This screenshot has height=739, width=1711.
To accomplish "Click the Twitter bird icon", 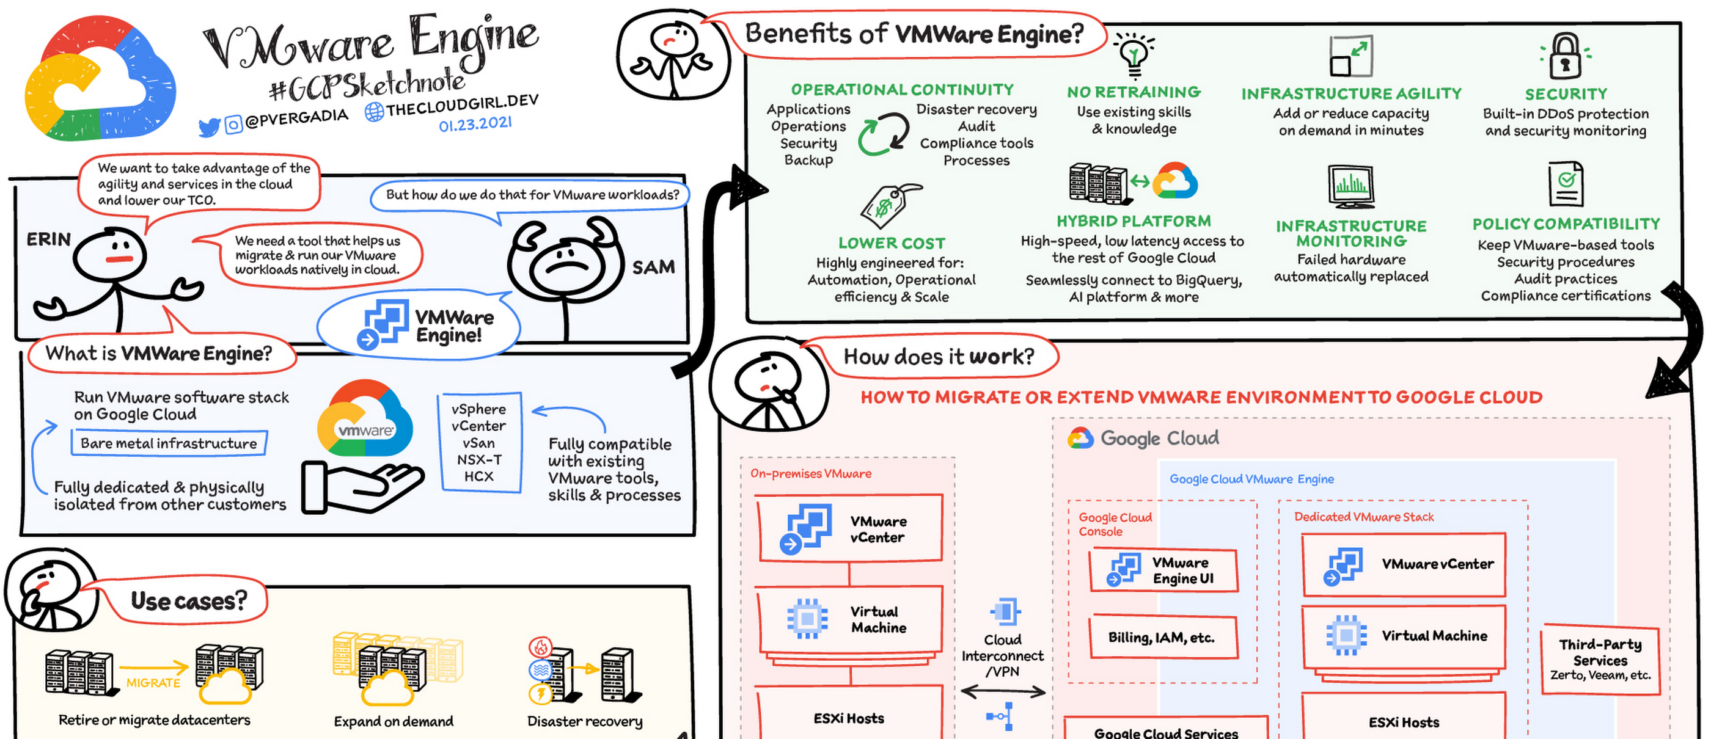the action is pyautogui.click(x=208, y=127).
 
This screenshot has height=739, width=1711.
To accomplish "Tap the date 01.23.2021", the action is pyautogui.click(x=475, y=124).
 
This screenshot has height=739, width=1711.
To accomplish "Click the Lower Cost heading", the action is pyautogui.click(x=892, y=243).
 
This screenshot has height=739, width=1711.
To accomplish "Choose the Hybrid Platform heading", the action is pyautogui.click(x=1134, y=220).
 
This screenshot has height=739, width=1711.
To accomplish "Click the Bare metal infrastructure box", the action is pyautogui.click(x=169, y=443).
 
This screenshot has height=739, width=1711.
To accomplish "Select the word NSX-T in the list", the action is pyautogui.click(x=479, y=459).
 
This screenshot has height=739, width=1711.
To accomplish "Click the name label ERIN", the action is pyautogui.click(x=48, y=239).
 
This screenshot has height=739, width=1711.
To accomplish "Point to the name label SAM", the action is pyautogui.click(x=653, y=268).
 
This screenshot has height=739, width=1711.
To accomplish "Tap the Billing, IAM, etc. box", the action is pyautogui.click(x=1163, y=638).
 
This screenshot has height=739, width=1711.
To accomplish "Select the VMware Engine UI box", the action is pyautogui.click(x=1163, y=570).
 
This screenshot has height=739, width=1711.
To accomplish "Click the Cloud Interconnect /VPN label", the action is pyautogui.click(x=1002, y=655).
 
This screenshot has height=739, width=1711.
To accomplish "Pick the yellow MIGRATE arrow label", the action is pyautogui.click(x=153, y=683).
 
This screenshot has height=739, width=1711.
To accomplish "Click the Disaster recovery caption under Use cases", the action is pyautogui.click(x=585, y=721).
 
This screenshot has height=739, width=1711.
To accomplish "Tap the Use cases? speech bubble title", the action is pyautogui.click(x=189, y=601).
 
